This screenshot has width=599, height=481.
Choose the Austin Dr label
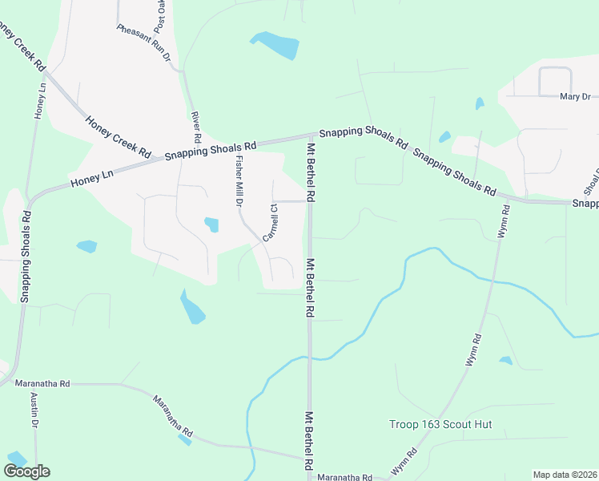pos(34,409)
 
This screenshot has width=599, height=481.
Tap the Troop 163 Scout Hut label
pos(440,424)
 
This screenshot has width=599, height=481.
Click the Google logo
pos(26,471)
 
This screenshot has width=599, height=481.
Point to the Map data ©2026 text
pos(565,475)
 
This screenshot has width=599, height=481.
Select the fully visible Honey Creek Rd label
pos(119,135)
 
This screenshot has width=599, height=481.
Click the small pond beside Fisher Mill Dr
pos(211,224)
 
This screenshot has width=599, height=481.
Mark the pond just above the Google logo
pos(15,458)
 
